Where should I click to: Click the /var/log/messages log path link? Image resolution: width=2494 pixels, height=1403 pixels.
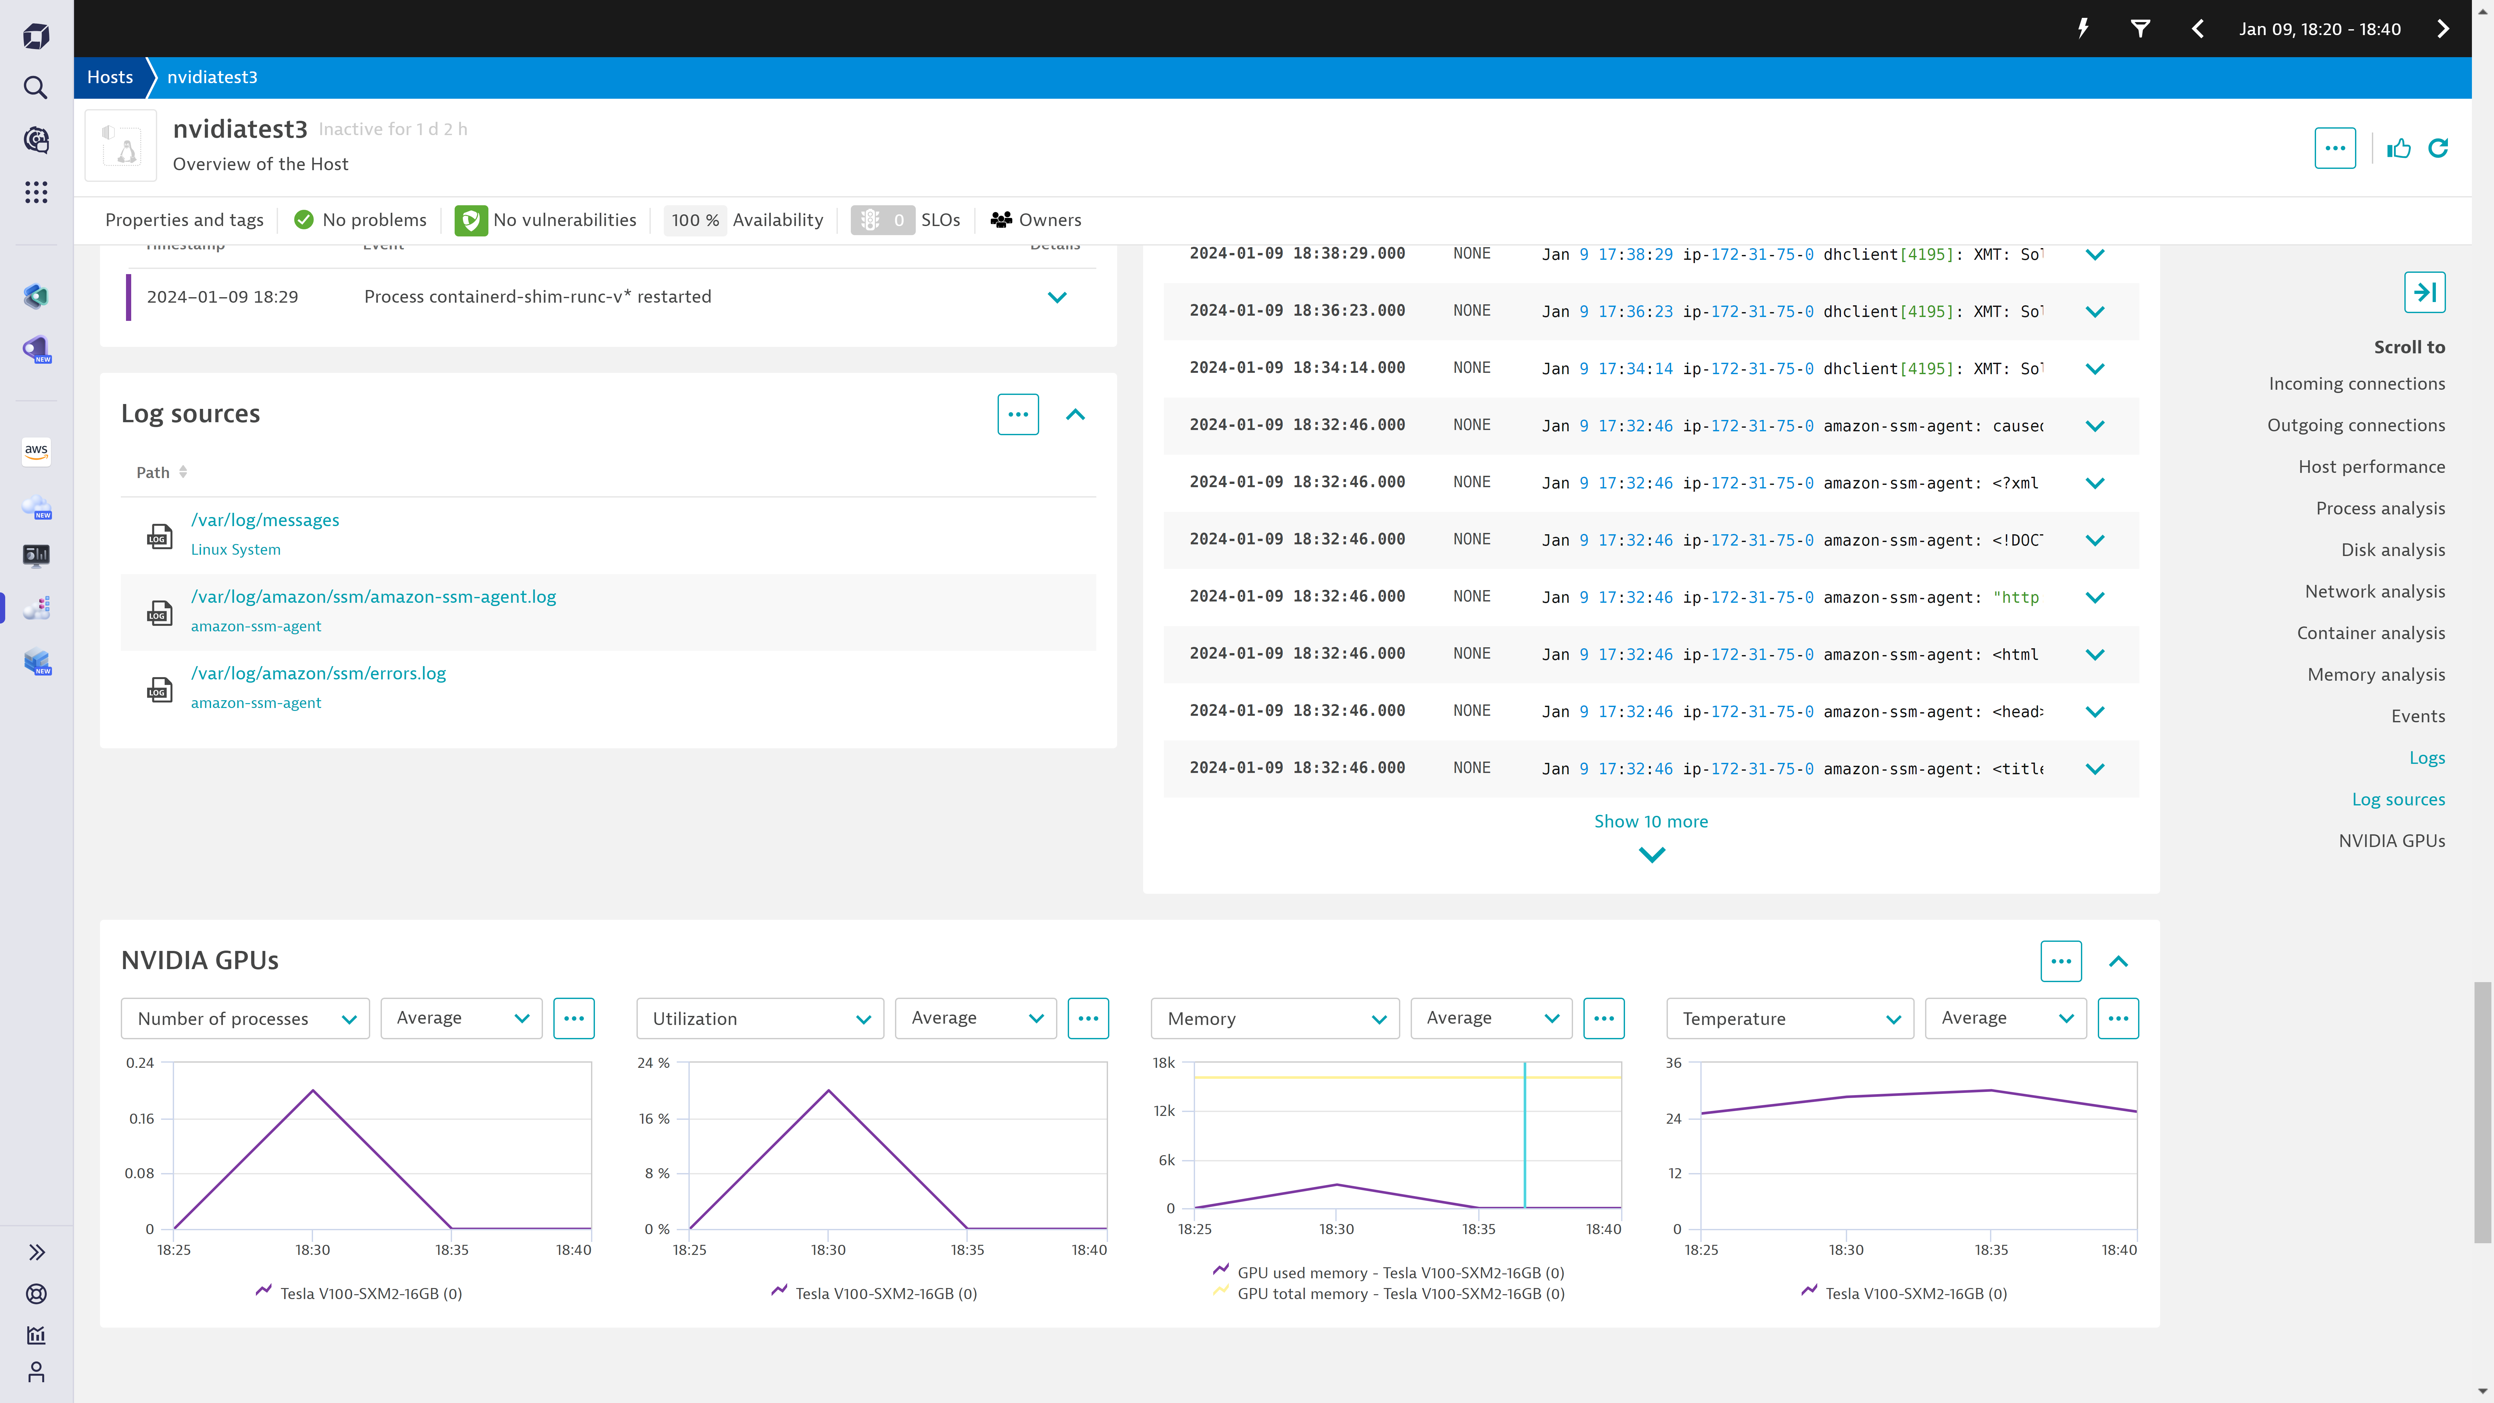tap(264, 520)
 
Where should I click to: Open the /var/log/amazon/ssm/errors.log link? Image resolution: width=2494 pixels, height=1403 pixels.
tap(318, 673)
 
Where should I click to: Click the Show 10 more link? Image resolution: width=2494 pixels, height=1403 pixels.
tap(1651, 821)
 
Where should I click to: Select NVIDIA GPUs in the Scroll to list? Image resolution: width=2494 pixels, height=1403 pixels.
tap(2391, 841)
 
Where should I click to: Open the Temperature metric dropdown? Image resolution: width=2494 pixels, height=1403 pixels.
tap(1789, 1018)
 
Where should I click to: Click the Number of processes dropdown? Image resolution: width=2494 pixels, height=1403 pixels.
tap(245, 1018)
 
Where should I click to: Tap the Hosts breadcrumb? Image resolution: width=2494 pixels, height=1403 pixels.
tap(109, 78)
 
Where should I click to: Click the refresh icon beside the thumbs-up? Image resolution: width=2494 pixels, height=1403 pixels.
tap(2438, 148)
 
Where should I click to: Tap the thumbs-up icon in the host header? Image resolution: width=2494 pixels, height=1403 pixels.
tap(2398, 148)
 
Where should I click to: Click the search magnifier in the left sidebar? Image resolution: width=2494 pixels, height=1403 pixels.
tap(36, 88)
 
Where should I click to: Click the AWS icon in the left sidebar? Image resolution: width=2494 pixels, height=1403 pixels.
tap(36, 450)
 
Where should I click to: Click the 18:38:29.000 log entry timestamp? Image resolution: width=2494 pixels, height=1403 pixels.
tap(1296, 254)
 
